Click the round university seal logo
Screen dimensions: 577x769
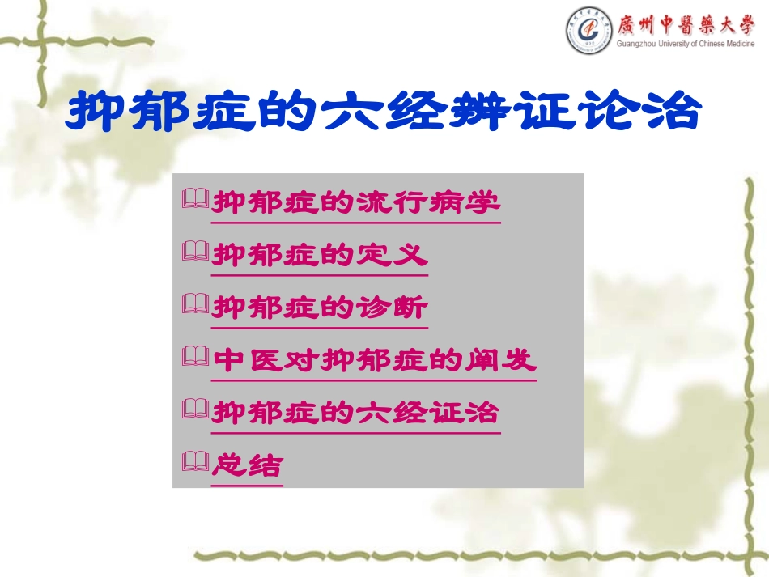coord(589,30)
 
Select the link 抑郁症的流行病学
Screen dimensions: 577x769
coord(356,202)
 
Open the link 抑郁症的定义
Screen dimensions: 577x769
coord(320,256)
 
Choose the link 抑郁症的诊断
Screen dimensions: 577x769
coord(320,308)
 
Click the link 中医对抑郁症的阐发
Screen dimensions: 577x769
coord(374,361)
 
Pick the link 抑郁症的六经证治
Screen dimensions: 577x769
coord(356,414)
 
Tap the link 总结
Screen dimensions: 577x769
coord(248,466)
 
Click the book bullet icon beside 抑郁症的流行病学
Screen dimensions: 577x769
coord(196,200)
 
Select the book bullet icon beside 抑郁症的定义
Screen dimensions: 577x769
coord(196,253)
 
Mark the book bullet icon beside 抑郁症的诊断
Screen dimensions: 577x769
coord(196,306)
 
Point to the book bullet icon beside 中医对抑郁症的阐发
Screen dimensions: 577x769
coord(196,359)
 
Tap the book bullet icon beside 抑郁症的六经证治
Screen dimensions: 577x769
coord(196,411)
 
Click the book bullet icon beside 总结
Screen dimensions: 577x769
coord(196,464)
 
